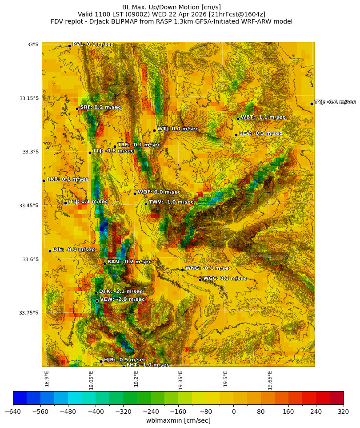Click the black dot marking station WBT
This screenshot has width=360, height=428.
point(238,119)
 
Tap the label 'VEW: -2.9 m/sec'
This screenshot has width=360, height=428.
point(122,299)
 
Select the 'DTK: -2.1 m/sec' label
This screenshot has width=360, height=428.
point(120,291)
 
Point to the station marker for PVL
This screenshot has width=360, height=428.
point(69,46)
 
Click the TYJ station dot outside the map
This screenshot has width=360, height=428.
point(312,104)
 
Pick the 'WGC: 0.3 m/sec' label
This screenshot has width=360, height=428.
point(224,279)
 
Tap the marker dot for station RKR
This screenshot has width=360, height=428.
point(44,181)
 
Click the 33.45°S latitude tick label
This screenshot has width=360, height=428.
point(28,206)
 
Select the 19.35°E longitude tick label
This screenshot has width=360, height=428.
point(181,380)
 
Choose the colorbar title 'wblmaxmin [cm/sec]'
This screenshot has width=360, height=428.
point(178,420)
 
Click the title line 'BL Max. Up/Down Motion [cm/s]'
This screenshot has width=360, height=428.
point(172,7)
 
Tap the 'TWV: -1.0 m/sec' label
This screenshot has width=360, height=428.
point(171,202)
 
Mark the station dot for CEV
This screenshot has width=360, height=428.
point(236,135)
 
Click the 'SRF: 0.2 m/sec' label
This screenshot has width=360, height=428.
point(100,107)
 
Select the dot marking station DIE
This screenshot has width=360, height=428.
point(50,251)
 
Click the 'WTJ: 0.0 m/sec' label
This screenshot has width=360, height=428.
point(177,129)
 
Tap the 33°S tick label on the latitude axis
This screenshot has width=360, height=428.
point(32,44)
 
